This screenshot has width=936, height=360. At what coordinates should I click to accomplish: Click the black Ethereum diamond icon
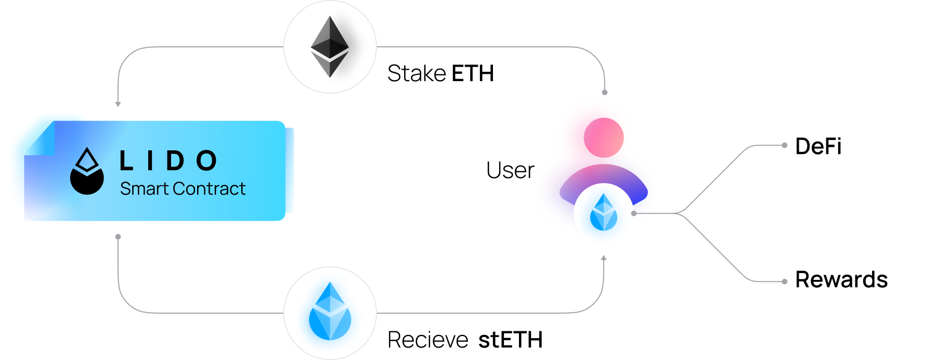coord(330,47)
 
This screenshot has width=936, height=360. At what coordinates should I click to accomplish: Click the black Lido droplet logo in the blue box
coord(87,172)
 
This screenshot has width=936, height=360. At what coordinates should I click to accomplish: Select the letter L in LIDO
coord(126,161)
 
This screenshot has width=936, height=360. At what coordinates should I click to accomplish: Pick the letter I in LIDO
coord(150,161)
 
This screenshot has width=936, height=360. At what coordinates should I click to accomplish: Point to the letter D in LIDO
coord(175,161)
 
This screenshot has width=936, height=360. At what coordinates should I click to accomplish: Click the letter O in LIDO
coord(206,161)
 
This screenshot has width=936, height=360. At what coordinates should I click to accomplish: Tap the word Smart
coord(144,188)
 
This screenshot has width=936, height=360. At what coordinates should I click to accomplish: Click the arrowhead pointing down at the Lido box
coord(118,105)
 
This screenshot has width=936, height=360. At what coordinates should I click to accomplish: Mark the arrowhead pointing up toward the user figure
coord(604,258)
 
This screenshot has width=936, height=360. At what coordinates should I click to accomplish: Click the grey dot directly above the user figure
coord(604,93)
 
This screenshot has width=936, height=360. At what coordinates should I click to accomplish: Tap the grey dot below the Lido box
coord(118,237)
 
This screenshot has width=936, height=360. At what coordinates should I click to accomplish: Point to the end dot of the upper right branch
coord(785,146)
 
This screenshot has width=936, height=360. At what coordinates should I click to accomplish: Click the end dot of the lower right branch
coord(785,281)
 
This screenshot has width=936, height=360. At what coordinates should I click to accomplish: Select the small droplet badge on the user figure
coord(604,213)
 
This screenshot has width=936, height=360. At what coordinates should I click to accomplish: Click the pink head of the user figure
coord(603,136)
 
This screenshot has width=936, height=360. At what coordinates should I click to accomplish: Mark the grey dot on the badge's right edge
coord(633,213)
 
